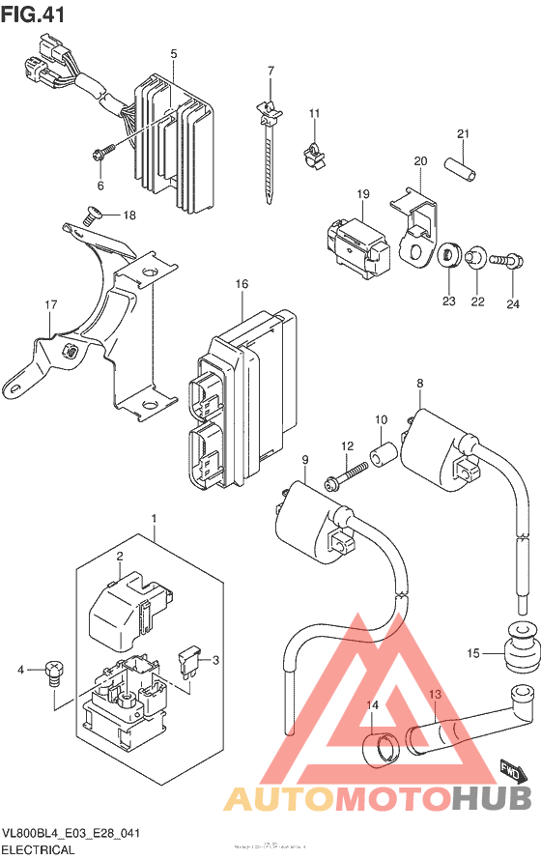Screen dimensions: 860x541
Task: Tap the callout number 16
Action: tap(242, 284)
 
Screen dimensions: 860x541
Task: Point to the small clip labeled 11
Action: tap(311, 152)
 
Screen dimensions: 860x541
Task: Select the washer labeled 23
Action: tap(448, 257)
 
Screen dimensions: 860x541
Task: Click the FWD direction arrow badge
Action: tap(512, 743)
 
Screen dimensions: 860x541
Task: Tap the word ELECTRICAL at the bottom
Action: tap(39, 849)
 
